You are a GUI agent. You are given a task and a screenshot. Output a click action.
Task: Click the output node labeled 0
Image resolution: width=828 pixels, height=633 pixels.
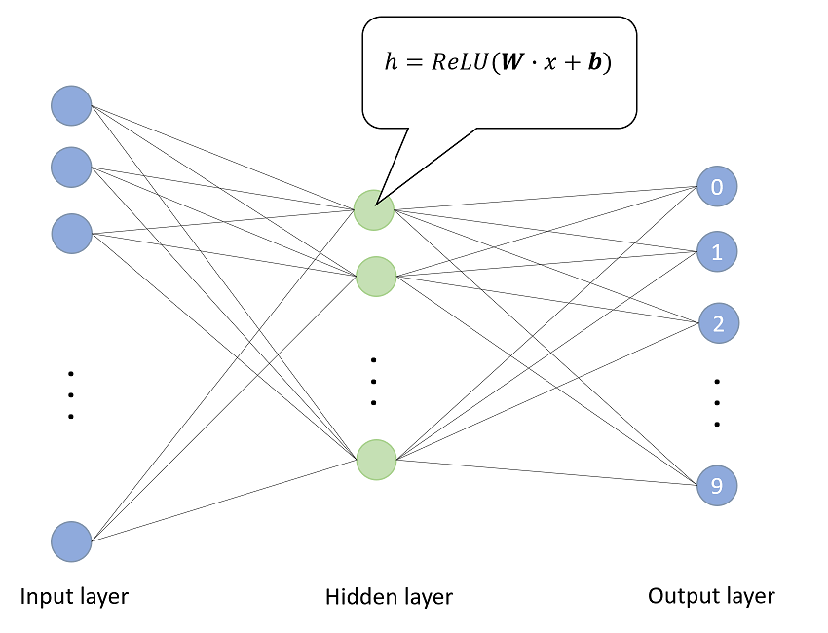pos(717,187)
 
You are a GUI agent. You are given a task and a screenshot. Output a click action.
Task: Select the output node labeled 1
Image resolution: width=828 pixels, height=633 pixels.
pos(717,253)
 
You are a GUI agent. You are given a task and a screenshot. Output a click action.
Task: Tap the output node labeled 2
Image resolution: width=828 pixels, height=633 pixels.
pos(718,323)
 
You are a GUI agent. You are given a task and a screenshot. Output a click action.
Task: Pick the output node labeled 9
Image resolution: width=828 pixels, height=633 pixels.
pos(717,485)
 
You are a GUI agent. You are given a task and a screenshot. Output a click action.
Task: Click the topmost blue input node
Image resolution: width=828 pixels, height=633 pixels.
pos(71,105)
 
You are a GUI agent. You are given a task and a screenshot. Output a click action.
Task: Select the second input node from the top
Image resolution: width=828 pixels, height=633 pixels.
pos(71,167)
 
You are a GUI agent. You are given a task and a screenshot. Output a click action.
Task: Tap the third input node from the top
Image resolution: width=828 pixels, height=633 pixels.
pos(71,234)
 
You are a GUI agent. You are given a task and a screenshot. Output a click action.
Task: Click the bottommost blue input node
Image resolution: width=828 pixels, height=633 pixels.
pos(71,541)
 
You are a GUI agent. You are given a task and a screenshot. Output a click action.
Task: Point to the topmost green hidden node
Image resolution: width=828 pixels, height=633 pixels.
pos(374,210)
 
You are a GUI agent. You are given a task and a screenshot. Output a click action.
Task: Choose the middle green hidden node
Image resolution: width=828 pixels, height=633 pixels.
pos(375,278)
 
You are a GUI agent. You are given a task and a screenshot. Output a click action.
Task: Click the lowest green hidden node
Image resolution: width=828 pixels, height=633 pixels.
pos(376,461)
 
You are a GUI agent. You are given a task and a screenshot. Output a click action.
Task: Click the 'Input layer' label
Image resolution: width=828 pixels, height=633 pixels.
pos(74,595)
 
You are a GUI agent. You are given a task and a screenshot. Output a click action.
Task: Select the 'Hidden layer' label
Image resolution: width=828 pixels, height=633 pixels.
pos(389,596)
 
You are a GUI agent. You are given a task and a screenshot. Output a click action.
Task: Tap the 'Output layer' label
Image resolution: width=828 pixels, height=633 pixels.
pos(711,596)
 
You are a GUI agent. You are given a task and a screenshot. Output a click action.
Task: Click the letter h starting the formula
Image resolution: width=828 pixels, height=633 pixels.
pos(392,64)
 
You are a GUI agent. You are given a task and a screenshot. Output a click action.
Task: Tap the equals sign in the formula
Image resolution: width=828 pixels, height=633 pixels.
pos(413,65)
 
